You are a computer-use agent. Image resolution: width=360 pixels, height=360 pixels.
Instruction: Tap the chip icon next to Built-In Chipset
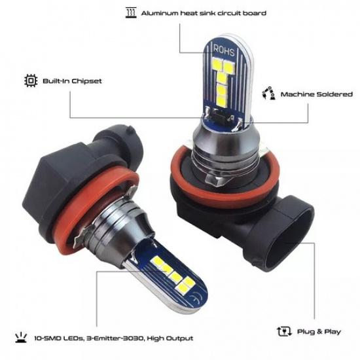tap(29, 81)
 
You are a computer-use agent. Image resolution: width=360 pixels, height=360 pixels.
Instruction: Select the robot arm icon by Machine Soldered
tap(268, 94)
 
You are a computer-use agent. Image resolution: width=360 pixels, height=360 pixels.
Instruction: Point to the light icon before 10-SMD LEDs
tap(19, 338)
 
